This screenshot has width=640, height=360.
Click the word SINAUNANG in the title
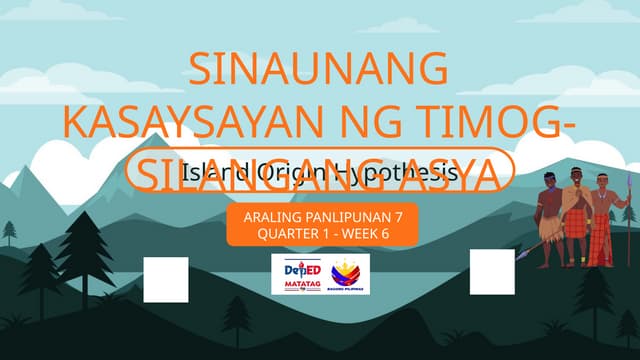(318, 70)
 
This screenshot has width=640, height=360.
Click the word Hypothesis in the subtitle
(394, 172)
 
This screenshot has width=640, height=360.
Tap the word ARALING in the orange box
(271, 216)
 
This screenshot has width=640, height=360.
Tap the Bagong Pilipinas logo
(349, 273)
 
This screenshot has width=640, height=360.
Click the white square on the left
(166, 279)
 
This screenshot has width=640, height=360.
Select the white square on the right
(491, 272)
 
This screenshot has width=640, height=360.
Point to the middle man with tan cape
(577, 215)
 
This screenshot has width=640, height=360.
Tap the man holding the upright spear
(602, 220)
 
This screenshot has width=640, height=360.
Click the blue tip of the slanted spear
(524, 256)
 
